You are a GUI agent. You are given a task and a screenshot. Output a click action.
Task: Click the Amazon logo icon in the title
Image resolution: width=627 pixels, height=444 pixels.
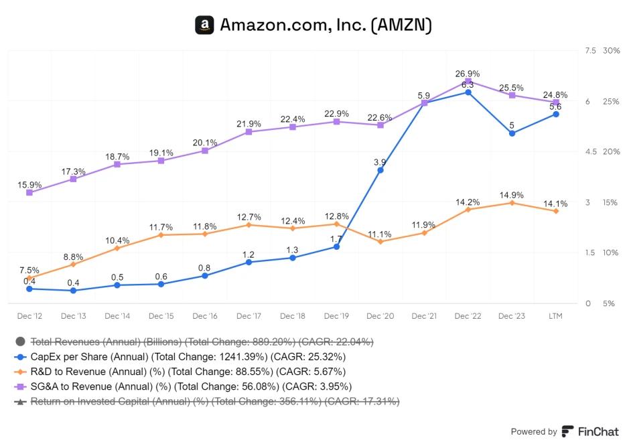pyautogui.click(x=204, y=25)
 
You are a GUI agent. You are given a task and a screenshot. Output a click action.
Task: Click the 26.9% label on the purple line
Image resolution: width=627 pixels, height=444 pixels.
pyautogui.click(x=468, y=74)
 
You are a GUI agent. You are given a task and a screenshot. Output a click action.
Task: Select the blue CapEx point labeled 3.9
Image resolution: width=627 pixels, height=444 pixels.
pyautogui.click(x=380, y=170)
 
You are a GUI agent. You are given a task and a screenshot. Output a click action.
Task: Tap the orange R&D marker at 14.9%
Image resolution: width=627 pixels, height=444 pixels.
pyautogui.click(x=512, y=203)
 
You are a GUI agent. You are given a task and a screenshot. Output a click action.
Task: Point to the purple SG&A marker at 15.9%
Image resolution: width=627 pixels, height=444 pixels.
pyautogui.click(x=29, y=193)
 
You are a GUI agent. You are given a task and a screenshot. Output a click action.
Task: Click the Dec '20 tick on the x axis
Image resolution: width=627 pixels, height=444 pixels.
pyautogui.click(x=380, y=316)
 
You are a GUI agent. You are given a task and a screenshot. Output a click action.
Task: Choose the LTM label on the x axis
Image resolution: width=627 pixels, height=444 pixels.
pyautogui.click(x=555, y=316)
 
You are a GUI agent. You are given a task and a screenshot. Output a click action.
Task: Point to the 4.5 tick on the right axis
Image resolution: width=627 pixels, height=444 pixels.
pyautogui.click(x=591, y=152)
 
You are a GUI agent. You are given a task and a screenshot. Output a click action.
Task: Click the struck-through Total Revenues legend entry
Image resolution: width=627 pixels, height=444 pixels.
pyautogui.click(x=201, y=342)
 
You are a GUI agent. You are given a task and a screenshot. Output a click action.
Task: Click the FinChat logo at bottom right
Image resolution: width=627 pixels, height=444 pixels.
pyautogui.click(x=590, y=431)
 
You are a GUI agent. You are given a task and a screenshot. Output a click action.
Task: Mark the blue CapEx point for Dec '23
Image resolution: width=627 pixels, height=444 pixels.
pyautogui.click(x=512, y=133)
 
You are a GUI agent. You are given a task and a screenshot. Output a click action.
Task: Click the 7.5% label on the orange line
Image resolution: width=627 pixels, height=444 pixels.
pyautogui.click(x=29, y=270)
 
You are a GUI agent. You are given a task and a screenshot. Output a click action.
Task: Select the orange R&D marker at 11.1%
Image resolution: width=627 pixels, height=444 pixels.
pyautogui.click(x=380, y=241)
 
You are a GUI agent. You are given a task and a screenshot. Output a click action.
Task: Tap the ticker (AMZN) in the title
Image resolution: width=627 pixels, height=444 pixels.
pyautogui.click(x=401, y=25)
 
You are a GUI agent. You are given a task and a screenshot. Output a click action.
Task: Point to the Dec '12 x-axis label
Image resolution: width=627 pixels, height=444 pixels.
pyautogui.click(x=29, y=316)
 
